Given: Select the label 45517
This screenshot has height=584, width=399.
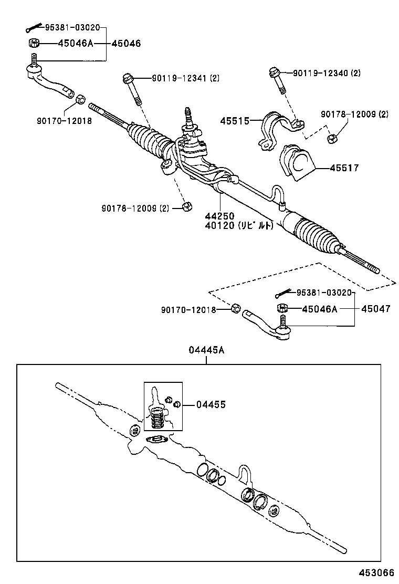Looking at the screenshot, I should click(344, 168).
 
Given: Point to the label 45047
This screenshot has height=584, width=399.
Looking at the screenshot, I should click(375, 309).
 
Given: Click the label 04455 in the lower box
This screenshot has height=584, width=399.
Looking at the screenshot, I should click(211, 404).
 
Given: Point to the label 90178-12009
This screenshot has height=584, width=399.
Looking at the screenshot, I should click(354, 114).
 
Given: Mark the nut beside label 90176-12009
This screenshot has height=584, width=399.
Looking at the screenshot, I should click(186, 206).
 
